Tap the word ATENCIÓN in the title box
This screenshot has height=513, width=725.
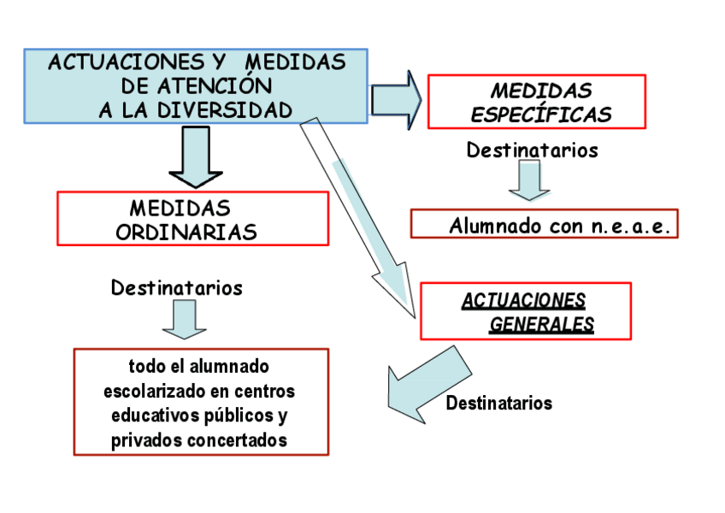click(222, 85)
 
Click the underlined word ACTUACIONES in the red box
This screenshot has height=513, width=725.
click(523, 301)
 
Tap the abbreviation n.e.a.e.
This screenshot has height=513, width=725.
click(630, 227)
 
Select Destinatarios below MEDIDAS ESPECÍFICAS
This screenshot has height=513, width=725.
click(532, 150)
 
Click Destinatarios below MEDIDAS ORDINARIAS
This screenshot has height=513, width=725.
click(176, 287)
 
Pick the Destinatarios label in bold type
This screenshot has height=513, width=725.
click(498, 403)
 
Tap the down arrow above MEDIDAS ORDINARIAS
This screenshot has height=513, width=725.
click(196, 156)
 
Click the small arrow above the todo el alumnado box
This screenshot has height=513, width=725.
click(184, 320)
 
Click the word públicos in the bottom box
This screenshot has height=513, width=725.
click(234, 416)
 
